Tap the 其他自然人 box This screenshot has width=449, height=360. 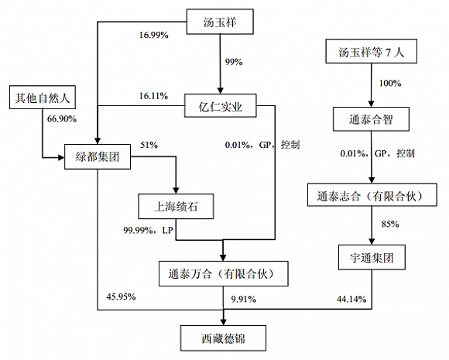[41, 98]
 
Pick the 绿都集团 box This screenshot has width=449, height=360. [96, 159]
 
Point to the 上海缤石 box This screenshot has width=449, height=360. [177, 206]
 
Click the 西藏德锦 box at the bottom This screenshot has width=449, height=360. [224, 338]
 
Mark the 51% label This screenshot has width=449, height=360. [148, 145]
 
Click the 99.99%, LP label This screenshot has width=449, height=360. [148, 230]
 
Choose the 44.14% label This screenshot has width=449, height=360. [352, 298]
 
